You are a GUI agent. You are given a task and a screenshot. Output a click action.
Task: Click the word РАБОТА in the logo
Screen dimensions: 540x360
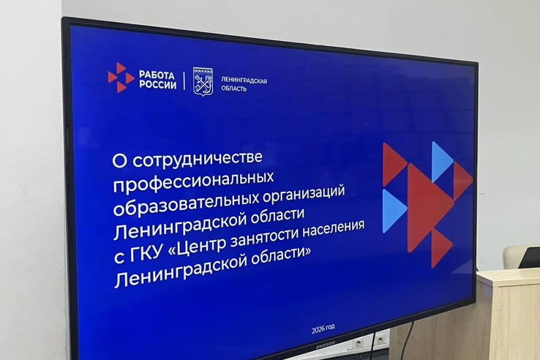[x=157, y=75]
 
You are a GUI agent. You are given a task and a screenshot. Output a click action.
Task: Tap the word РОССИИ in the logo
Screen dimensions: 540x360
[x=158, y=84]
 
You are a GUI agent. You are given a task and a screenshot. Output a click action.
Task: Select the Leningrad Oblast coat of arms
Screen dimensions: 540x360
[x=203, y=82]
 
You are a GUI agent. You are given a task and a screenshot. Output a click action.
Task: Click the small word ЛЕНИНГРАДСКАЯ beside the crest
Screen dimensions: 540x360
[x=244, y=80]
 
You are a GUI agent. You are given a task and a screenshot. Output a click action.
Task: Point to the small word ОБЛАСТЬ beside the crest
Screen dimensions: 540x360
[x=234, y=89]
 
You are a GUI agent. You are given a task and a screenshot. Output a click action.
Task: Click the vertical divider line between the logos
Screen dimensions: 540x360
[x=184, y=80]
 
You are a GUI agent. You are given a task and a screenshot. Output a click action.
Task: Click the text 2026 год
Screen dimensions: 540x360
[x=323, y=329]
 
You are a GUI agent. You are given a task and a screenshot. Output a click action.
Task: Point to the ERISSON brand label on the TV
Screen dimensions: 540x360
[x=326, y=345]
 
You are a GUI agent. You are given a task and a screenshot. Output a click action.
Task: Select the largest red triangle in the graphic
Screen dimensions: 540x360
[x=429, y=208]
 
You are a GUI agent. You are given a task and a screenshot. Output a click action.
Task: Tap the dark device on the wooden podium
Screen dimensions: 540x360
[x=529, y=257]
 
